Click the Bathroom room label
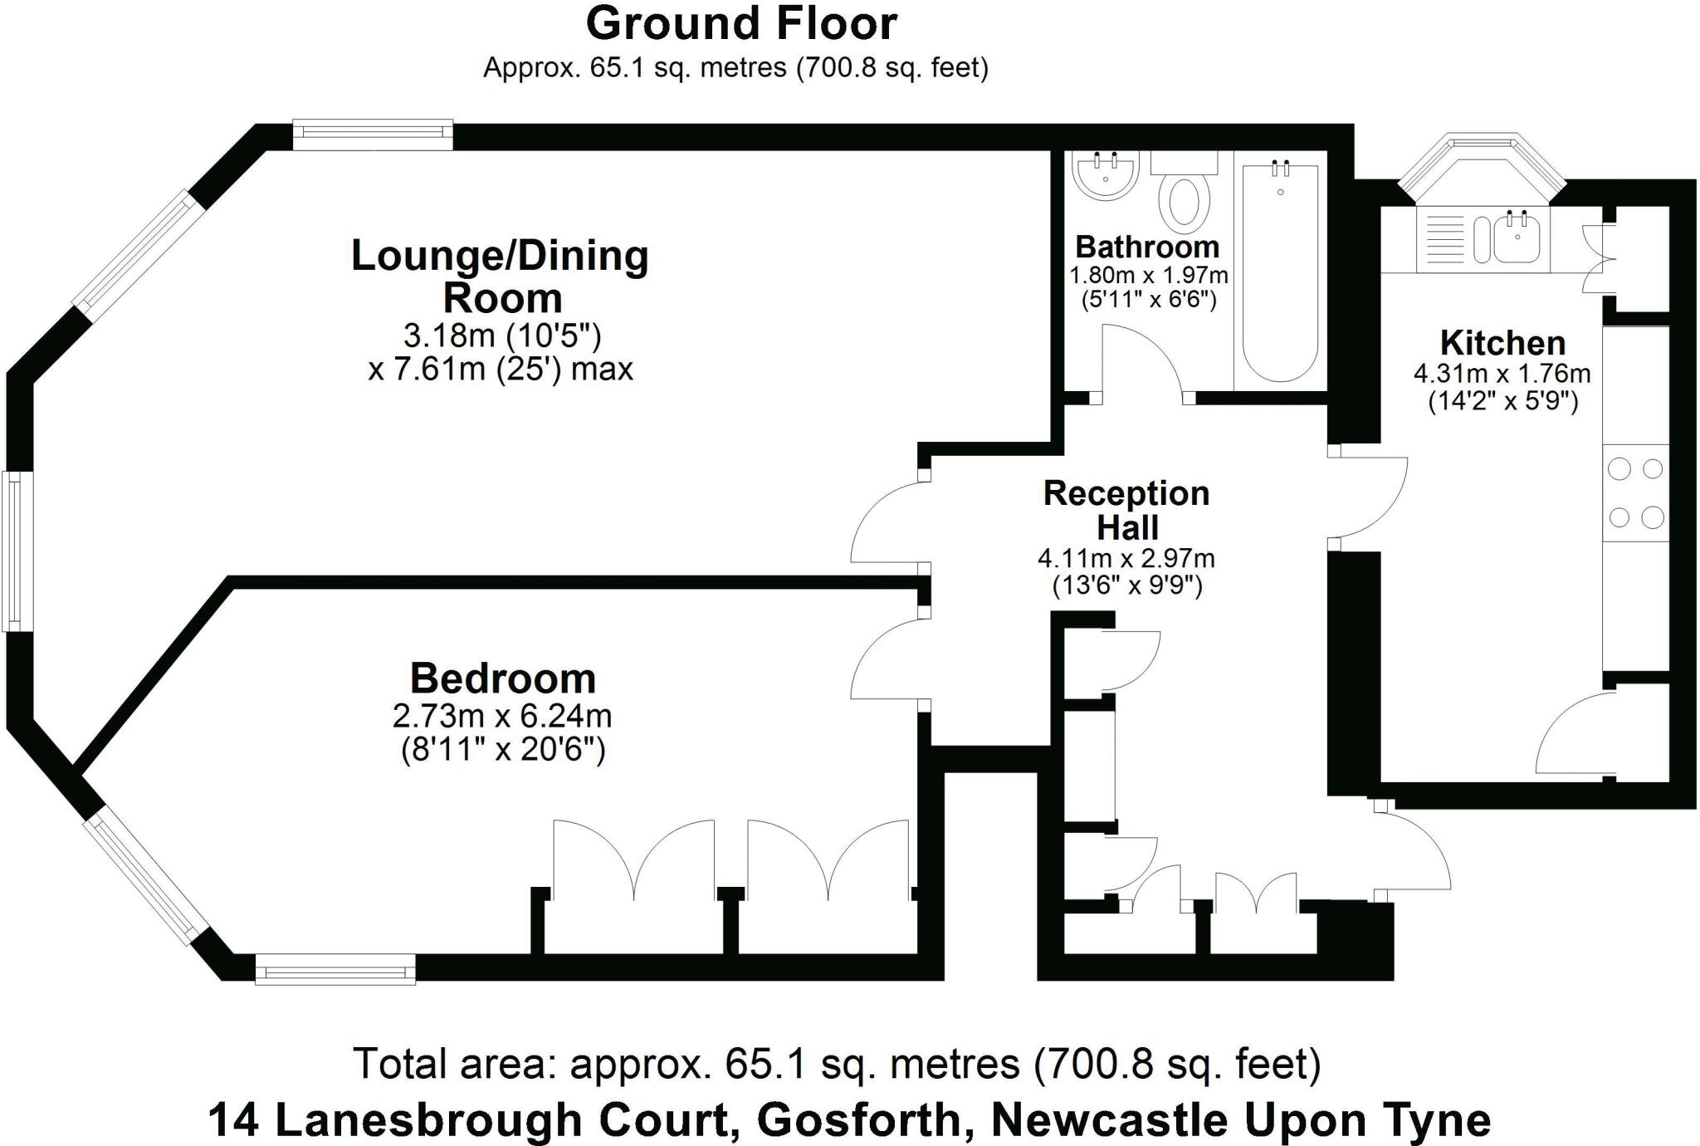(x=1147, y=247)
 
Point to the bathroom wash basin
(x=1104, y=175)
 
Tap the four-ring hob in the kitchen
(x=1635, y=493)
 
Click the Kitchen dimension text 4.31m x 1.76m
(x=1502, y=374)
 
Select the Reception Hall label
(x=1126, y=510)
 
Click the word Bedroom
(x=503, y=678)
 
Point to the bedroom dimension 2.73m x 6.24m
(x=502, y=716)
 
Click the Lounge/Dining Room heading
(x=501, y=277)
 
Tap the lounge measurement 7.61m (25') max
(x=501, y=369)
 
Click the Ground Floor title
(x=741, y=24)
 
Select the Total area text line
(x=837, y=1064)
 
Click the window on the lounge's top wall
(x=373, y=135)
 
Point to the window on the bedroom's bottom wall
(x=335, y=969)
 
